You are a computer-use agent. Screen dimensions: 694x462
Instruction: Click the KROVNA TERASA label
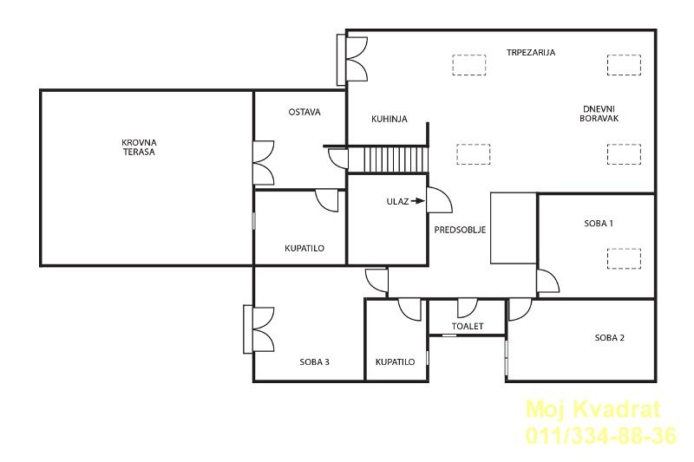139,147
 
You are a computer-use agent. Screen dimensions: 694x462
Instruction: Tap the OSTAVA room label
304,113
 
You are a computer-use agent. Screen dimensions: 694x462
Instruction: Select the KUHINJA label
390,119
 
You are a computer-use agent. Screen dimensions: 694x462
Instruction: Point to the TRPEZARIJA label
531,52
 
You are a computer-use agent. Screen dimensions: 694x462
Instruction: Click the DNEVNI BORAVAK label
599,114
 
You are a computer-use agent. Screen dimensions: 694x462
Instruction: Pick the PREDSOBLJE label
461,230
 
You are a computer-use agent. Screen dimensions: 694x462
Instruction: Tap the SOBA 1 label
599,224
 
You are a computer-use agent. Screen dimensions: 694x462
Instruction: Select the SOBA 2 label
610,338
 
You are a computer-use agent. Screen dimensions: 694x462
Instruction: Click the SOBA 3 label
314,362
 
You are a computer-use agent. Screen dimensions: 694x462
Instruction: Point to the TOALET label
468,326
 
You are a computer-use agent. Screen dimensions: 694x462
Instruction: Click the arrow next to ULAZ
417,201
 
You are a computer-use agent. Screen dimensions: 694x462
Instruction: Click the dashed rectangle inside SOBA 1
624,259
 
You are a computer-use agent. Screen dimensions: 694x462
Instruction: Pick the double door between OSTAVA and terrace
265,163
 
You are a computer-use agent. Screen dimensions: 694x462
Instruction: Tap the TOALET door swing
468,309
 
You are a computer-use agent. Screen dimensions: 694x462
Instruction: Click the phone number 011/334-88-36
601,435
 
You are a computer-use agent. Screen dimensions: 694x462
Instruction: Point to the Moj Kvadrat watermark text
593,409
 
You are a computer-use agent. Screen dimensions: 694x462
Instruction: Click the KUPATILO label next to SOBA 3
396,362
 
